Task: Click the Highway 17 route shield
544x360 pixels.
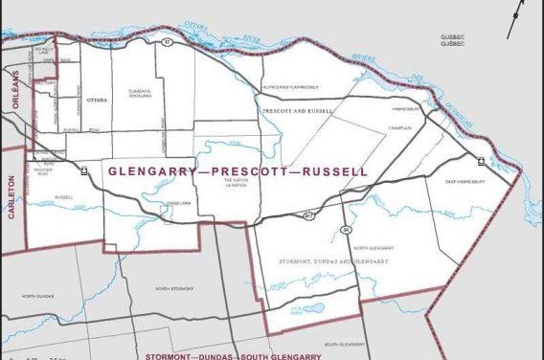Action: [x=167, y=42]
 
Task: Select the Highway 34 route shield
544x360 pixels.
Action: [x=345, y=232]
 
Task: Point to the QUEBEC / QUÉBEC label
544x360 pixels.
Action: [x=452, y=39]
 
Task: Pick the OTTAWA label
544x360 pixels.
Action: [x=97, y=100]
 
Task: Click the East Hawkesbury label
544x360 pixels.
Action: [x=465, y=180]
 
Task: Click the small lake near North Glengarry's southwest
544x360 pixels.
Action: [x=309, y=308]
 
